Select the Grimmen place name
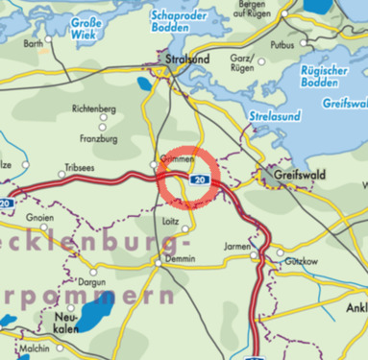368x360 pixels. pos(178,159)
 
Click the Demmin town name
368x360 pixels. pos(180,259)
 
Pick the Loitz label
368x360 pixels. pos(173,221)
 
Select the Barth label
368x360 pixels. pos(34,44)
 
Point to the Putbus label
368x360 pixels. pos(282,45)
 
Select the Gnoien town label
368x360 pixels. pos(41,218)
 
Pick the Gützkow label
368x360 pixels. pos(292,261)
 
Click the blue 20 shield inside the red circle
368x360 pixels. pos(198,180)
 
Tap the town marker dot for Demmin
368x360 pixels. pos(159,259)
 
